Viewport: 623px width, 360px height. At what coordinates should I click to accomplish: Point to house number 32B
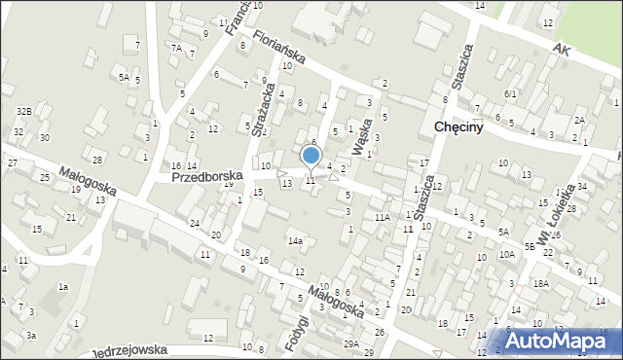(x=23, y=112)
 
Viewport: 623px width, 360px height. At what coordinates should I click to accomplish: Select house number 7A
(x=176, y=48)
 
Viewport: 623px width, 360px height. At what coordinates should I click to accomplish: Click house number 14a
(x=294, y=240)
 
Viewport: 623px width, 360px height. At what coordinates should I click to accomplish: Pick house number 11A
(x=383, y=218)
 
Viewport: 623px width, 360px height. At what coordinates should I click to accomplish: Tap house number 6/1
(x=510, y=93)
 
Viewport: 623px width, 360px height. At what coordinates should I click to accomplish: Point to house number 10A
(x=507, y=254)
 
